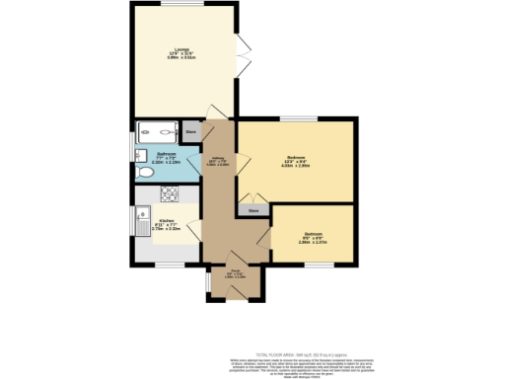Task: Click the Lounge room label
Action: click(182, 52)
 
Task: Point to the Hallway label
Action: click(217, 162)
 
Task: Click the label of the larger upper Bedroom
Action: click(295, 160)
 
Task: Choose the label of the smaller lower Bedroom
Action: click(314, 238)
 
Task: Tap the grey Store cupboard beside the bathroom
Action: click(190, 130)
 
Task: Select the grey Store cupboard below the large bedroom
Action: click(253, 210)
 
